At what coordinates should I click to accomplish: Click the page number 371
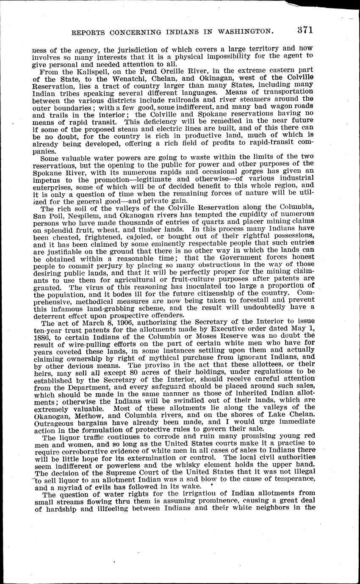coord(304,30)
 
